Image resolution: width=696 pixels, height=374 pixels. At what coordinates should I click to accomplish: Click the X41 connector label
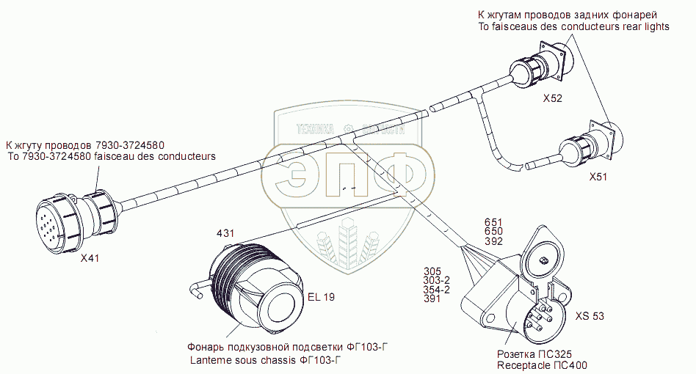89,258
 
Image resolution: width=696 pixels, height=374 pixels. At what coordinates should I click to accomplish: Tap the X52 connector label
552,98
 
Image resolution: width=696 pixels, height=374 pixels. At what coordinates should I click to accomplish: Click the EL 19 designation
321,297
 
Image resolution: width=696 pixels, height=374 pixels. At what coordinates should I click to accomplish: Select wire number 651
493,221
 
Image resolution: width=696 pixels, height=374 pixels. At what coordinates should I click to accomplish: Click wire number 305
432,271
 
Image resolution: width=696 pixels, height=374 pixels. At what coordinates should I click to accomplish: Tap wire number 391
432,299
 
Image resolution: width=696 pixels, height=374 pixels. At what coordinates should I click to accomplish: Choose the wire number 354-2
437,290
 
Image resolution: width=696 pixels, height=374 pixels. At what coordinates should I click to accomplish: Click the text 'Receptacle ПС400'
542,364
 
